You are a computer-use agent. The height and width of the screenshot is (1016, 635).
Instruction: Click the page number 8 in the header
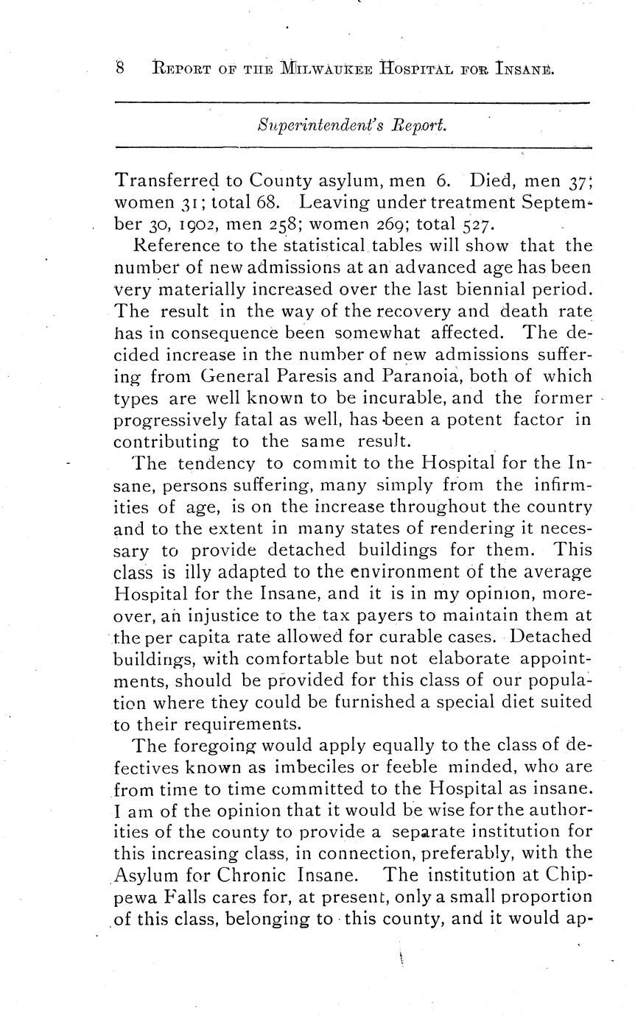(x=120, y=69)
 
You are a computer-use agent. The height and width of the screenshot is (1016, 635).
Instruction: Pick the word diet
(x=513, y=702)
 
